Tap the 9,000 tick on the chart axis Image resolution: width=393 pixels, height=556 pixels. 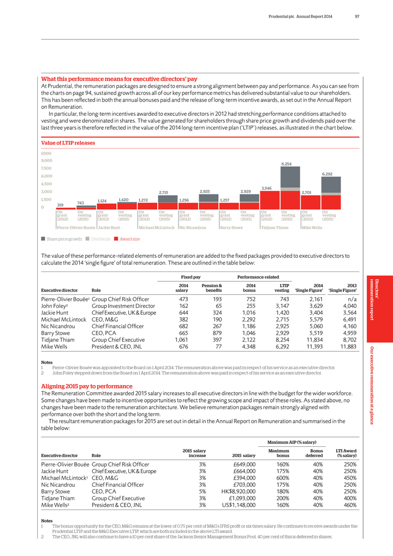[49, 161]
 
